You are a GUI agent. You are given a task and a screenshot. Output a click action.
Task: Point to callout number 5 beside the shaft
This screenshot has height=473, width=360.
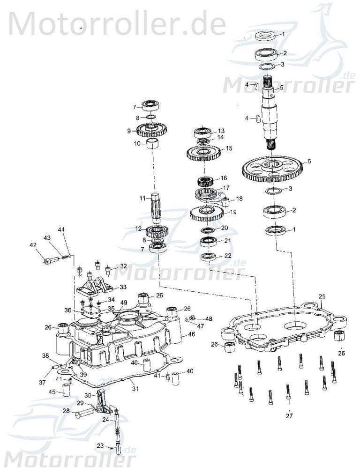(x=281, y=88)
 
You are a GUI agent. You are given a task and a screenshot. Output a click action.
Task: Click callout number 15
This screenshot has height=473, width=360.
(x=229, y=148)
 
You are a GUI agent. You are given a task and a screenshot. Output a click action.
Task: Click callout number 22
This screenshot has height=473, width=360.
(x=228, y=256)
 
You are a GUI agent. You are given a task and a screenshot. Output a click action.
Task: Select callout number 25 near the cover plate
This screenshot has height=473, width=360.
(x=322, y=296)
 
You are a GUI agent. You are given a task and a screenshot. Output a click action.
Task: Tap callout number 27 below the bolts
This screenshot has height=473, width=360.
(x=289, y=415)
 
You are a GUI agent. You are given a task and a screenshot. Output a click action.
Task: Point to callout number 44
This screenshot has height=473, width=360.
(x=62, y=229)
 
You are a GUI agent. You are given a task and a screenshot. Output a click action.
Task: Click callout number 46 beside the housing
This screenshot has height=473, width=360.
(x=191, y=334)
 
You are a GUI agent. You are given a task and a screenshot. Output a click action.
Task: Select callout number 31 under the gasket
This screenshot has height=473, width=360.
(x=135, y=388)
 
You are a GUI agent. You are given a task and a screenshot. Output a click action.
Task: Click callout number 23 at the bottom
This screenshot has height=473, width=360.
(x=100, y=446)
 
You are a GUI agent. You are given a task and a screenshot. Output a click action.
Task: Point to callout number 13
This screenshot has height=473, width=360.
(x=221, y=131)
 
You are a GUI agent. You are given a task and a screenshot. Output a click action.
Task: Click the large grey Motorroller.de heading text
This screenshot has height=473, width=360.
(x=117, y=23)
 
